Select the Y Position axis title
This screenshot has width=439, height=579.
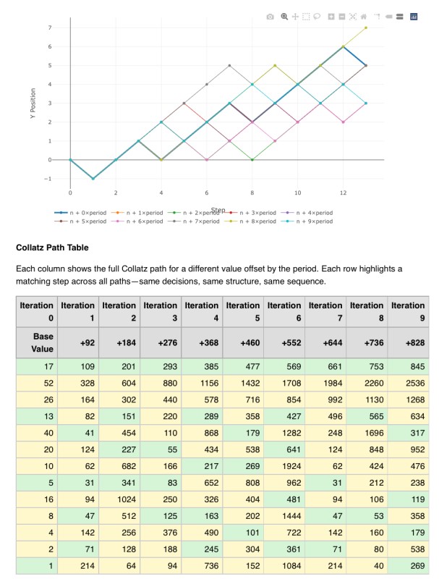(x=33, y=104)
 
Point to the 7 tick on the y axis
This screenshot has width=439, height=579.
(x=50, y=28)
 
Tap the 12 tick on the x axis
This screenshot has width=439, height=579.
(x=343, y=193)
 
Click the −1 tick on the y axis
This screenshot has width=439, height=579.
(x=48, y=178)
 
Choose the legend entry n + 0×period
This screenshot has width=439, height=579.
(x=83, y=213)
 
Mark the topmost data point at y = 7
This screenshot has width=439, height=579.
(x=366, y=28)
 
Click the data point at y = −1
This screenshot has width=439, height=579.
(x=93, y=178)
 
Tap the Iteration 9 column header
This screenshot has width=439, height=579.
(x=408, y=311)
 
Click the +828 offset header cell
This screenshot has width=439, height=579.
(x=408, y=342)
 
